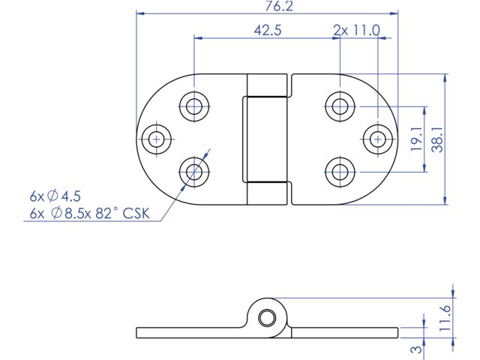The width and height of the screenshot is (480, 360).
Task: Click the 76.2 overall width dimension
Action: click(279, 6)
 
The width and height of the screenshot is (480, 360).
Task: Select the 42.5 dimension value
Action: click(268, 30)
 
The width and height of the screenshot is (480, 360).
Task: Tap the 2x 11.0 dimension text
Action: click(357, 30)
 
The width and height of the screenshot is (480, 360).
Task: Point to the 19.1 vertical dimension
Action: click(417, 139)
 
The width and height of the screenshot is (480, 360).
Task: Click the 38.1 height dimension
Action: click(437, 139)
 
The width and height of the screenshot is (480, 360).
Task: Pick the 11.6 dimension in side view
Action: click(445, 318)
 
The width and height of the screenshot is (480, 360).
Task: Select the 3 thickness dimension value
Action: click(416, 349)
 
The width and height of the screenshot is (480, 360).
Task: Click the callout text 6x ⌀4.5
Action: click(55, 196)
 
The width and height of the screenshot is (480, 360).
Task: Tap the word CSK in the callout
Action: click(136, 213)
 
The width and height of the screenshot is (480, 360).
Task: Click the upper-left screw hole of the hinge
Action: click(194, 106)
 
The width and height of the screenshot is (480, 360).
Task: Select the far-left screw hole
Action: click(157, 139)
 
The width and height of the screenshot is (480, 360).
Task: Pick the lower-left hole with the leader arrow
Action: click(194, 172)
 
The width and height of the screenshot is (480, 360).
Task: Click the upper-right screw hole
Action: click(340, 106)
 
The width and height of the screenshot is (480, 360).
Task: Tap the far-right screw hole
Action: click(378, 139)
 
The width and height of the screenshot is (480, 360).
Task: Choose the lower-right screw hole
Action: click(340, 172)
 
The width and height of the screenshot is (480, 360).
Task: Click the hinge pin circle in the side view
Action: click(266, 317)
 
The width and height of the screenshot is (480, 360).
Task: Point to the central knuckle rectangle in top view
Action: click(265, 139)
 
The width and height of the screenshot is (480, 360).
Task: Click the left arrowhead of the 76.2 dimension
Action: click(140, 13)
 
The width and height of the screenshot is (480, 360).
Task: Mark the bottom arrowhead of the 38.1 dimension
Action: click(445, 200)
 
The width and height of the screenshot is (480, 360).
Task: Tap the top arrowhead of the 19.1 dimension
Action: click(424, 110)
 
